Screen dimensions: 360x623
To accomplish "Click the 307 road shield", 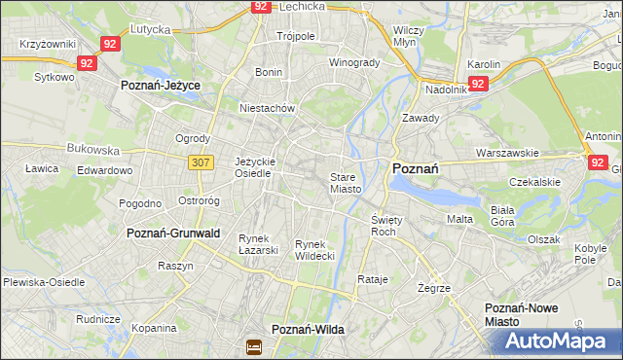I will click(x=202, y=163).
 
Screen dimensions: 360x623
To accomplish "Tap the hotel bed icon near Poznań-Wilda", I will click(x=254, y=345).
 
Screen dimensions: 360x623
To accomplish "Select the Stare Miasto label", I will click(x=346, y=183).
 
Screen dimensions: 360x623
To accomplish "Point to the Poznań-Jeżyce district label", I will click(x=160, y=86).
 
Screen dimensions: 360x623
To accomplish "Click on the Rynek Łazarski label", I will click(x=259, y=244).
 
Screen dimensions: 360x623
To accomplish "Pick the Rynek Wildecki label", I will click(x=314, y=250).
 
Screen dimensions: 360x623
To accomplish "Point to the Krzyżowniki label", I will click(x=47, y=45).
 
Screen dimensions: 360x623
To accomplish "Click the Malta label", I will click(x=459, y=219).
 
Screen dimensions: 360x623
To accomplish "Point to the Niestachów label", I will click(x=267, y=108).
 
